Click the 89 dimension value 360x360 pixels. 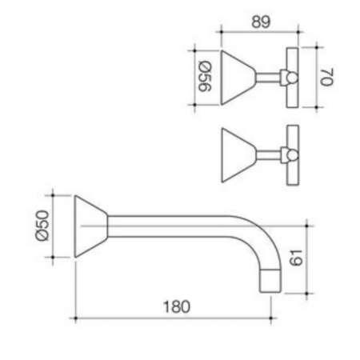point(261,22)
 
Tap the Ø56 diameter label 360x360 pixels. point(205,77)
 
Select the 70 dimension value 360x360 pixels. point(326,77)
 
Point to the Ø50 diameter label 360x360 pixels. point(42,226)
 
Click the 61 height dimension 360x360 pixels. point(296,258)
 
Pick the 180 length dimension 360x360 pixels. point(177,306)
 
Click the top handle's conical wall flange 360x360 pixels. point(238,78)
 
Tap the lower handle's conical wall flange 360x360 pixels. point(238,155)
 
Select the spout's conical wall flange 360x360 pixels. point(91,226)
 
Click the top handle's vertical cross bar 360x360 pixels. point(292,78)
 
